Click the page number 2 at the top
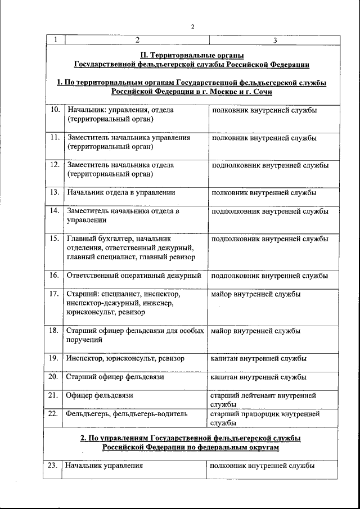coord(192,27)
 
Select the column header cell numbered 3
coord(274,40)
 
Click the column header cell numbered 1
coord(55,40)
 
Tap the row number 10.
coord(55,110)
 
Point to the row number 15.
coord(55,238)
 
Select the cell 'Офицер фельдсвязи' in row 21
coord(100,395)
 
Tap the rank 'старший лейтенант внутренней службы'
coord(263,399)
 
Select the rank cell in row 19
coord(258,358)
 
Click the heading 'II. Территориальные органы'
coord(192,55)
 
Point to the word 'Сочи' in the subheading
coord(260,92)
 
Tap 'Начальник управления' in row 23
coord(103,466)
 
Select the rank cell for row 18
coord(255,331)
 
